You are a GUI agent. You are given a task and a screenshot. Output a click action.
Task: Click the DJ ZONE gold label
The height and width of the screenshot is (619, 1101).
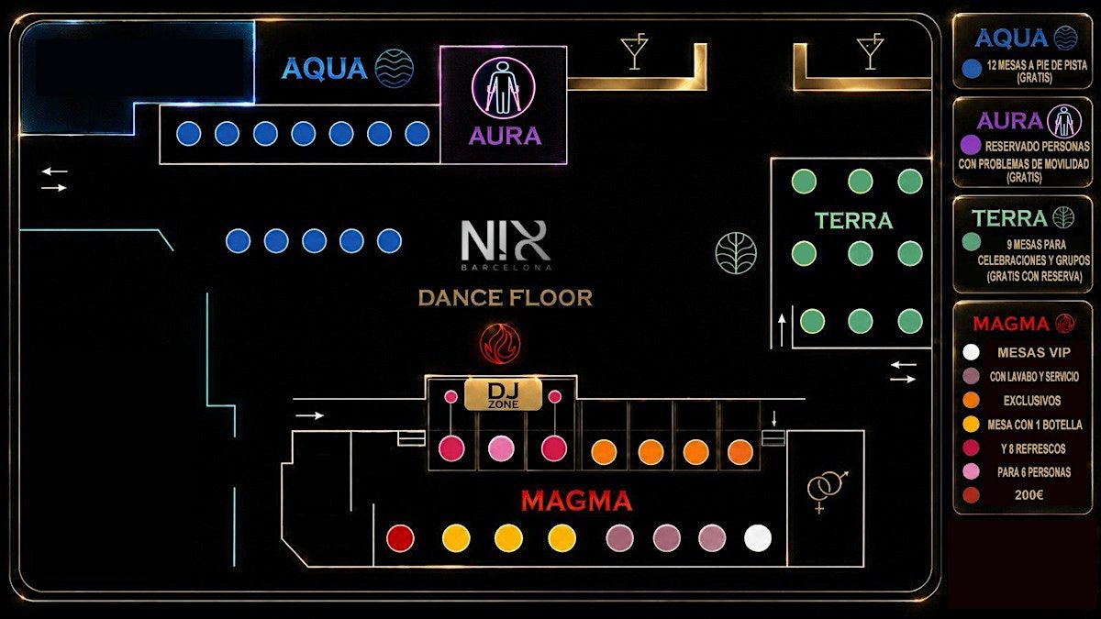[504, 394]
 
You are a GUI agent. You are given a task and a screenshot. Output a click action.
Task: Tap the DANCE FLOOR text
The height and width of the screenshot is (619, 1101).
[506, 298]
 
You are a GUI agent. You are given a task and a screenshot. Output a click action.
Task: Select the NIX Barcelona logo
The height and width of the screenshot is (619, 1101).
[506, 245]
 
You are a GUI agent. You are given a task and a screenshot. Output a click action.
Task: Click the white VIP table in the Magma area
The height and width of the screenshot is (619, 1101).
[758, 538]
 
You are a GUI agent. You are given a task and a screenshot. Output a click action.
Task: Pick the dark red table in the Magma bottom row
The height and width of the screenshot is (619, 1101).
[401, 538]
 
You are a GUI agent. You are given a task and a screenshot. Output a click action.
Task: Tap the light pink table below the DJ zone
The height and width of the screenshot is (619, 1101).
[501, 448]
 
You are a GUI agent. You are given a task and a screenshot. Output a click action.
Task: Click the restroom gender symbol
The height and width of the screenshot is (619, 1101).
[827, 491]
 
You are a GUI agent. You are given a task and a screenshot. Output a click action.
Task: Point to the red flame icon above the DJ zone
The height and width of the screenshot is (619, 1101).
[500, 343]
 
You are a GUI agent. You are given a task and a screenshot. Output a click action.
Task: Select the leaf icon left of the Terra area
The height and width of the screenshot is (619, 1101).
[736, 253]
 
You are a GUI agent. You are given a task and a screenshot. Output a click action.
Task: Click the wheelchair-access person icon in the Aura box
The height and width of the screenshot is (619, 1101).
[504, 88]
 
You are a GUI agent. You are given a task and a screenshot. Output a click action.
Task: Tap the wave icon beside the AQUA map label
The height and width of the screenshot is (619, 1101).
[395, 68]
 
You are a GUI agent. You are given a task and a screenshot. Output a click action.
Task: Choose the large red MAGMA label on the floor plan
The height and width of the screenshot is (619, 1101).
[576, 501]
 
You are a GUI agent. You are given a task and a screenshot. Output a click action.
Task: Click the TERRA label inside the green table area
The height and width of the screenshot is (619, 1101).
[854, 221]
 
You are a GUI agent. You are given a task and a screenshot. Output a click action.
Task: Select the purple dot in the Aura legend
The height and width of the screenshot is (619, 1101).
[971, 145]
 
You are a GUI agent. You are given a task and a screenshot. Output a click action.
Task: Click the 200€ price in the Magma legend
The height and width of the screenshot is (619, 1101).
[1029, 495]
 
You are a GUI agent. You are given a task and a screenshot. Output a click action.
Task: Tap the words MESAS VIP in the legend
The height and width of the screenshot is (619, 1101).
[1034, 353]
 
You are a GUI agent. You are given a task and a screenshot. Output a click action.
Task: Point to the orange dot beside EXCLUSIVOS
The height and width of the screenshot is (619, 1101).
[972, 401]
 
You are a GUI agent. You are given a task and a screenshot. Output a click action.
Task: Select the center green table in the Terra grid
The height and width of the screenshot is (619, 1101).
[861, 253]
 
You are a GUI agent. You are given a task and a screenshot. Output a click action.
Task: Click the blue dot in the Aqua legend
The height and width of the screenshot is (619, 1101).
[972, 69]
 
